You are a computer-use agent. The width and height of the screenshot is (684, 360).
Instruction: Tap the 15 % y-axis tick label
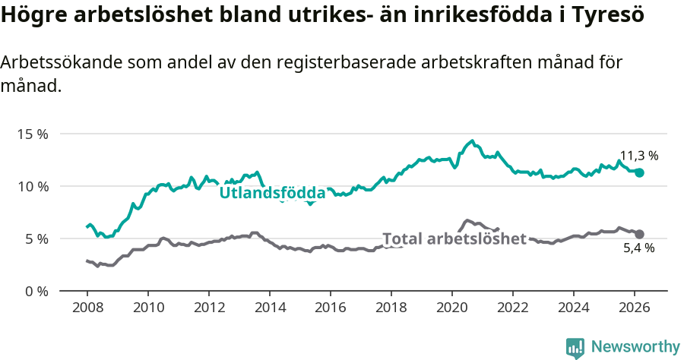(33, 134)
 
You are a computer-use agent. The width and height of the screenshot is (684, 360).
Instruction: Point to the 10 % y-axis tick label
(33, 186)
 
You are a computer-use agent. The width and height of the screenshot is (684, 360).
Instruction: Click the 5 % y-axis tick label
(36, 238)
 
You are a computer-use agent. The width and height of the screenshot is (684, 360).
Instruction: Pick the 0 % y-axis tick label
(36, 291)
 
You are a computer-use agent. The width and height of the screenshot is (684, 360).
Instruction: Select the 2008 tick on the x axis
(87, 308)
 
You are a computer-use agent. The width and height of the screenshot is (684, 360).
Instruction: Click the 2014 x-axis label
(269, 308)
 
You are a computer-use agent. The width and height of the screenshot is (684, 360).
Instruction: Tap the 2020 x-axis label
(451, 308)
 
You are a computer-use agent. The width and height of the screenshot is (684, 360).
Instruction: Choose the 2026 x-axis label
(634, 308)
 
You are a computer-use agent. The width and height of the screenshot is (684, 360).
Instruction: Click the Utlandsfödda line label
(272, 194)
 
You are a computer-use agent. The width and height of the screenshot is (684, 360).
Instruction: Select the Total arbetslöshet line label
(454, 238)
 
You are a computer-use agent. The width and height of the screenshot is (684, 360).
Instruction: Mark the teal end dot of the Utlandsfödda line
(639, 172)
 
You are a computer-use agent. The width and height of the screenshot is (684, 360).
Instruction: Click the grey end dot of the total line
(639, 234)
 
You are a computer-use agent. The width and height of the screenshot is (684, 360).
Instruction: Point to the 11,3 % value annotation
(638, 156)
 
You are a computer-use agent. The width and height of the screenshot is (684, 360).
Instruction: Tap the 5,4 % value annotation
(638, 248)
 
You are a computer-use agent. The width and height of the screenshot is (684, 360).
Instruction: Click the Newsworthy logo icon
(575, 347)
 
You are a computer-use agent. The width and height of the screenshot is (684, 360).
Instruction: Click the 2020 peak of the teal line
(472, 141)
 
